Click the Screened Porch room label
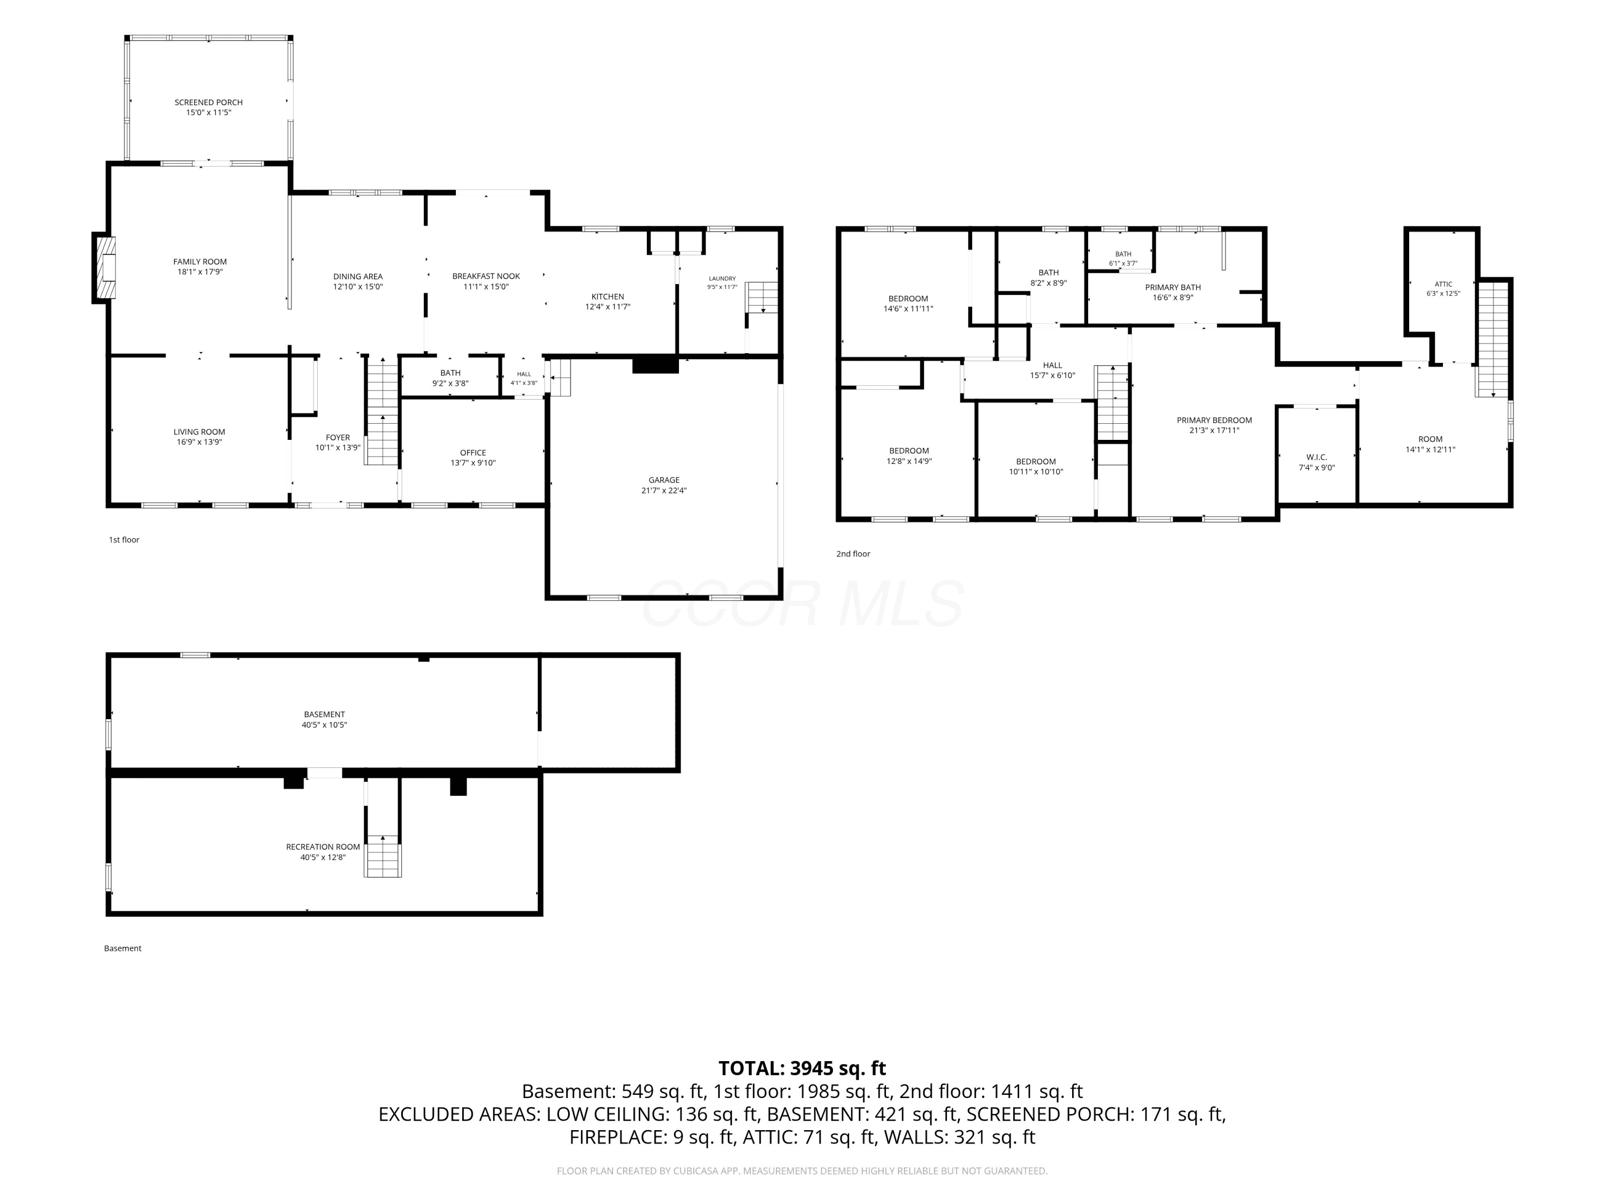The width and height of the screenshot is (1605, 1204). coord(208,102)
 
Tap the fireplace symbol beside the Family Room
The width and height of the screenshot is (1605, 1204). coord(104,267)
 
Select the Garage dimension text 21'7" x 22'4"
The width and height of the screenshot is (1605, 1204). coord(664,491)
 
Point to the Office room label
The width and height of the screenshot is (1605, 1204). coord(473,453)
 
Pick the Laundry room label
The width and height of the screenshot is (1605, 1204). coord(722,278)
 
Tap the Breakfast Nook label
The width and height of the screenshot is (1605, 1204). coord(486,277)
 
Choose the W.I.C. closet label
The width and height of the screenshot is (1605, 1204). coord(1316,457)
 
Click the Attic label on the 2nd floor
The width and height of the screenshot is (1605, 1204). coord(1443,285)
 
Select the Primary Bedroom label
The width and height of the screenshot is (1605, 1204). coord(1214,420)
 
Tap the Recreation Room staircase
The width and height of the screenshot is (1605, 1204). coord(383,856)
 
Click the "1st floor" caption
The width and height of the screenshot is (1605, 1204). coord(124,540)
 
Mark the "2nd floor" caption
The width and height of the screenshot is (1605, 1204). coord(853,554)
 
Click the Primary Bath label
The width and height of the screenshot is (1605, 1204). coord(1173,287)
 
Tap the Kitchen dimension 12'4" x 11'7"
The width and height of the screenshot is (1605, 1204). coord(608,307)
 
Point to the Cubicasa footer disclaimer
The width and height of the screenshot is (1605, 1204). coord(802,1171)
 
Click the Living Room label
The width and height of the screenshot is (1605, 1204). coord(199,432)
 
